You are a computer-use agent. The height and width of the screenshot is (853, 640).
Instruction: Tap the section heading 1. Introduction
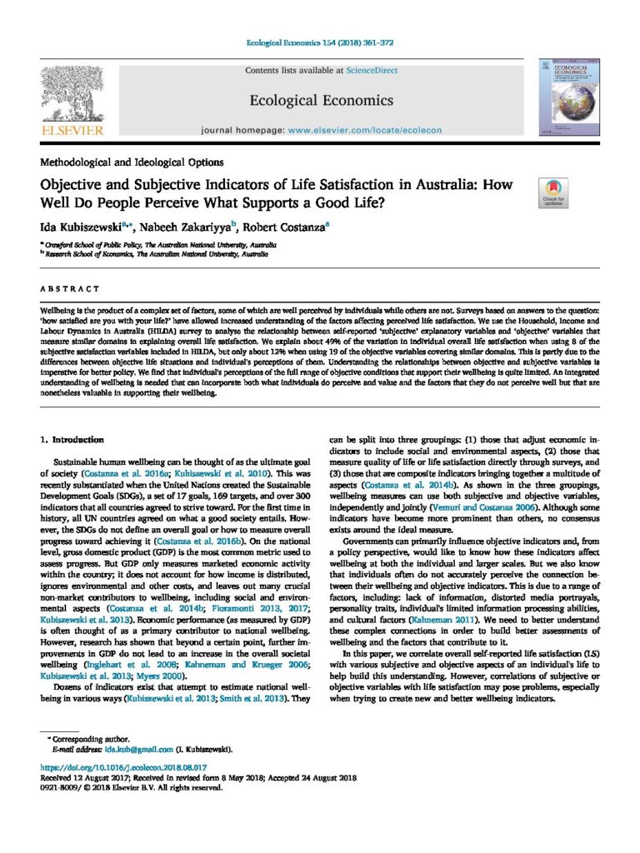(72, 439)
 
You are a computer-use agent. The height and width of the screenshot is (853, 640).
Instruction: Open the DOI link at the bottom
(123, 766)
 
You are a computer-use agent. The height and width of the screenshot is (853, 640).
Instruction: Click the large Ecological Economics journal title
(321, 101)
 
